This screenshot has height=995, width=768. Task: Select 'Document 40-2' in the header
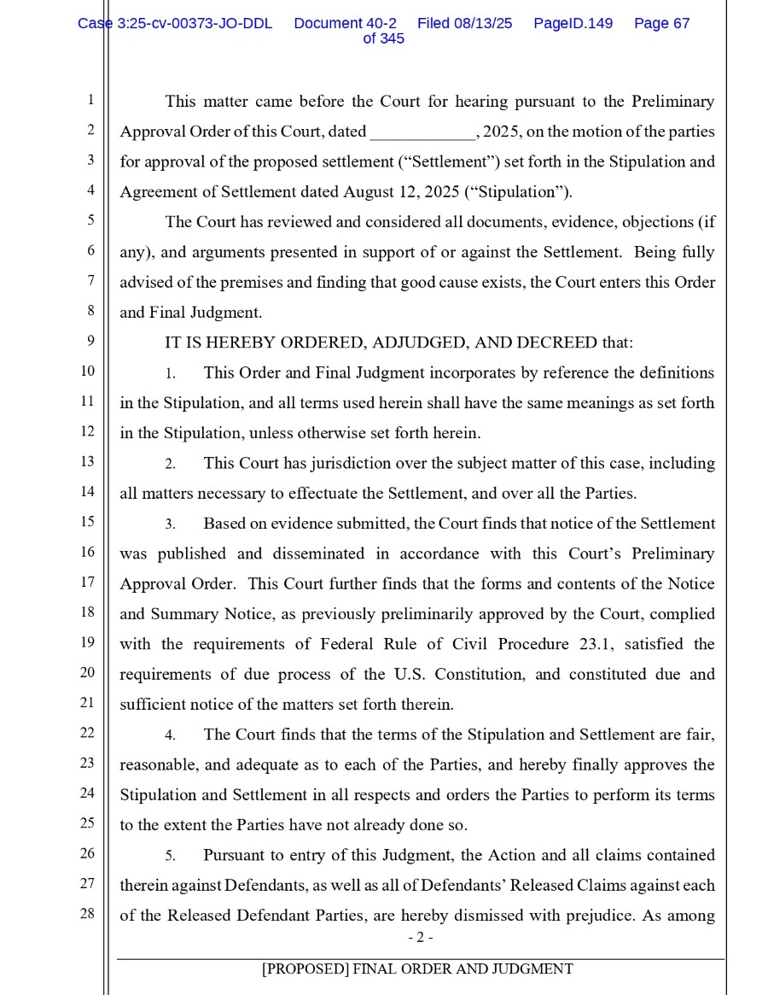(x=345, y=24)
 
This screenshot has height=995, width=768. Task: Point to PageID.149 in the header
(x=573, y=24)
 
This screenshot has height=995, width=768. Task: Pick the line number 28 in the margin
(x=87, y=913)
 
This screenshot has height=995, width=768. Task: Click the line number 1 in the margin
(x=90, y=100)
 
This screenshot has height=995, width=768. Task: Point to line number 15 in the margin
(x=87, y=521)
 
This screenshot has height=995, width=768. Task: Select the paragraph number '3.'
(x=171, y=524)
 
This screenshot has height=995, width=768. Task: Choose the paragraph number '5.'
(x=171, y=856)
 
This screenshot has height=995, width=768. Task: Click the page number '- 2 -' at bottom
(x=420, y=938)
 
